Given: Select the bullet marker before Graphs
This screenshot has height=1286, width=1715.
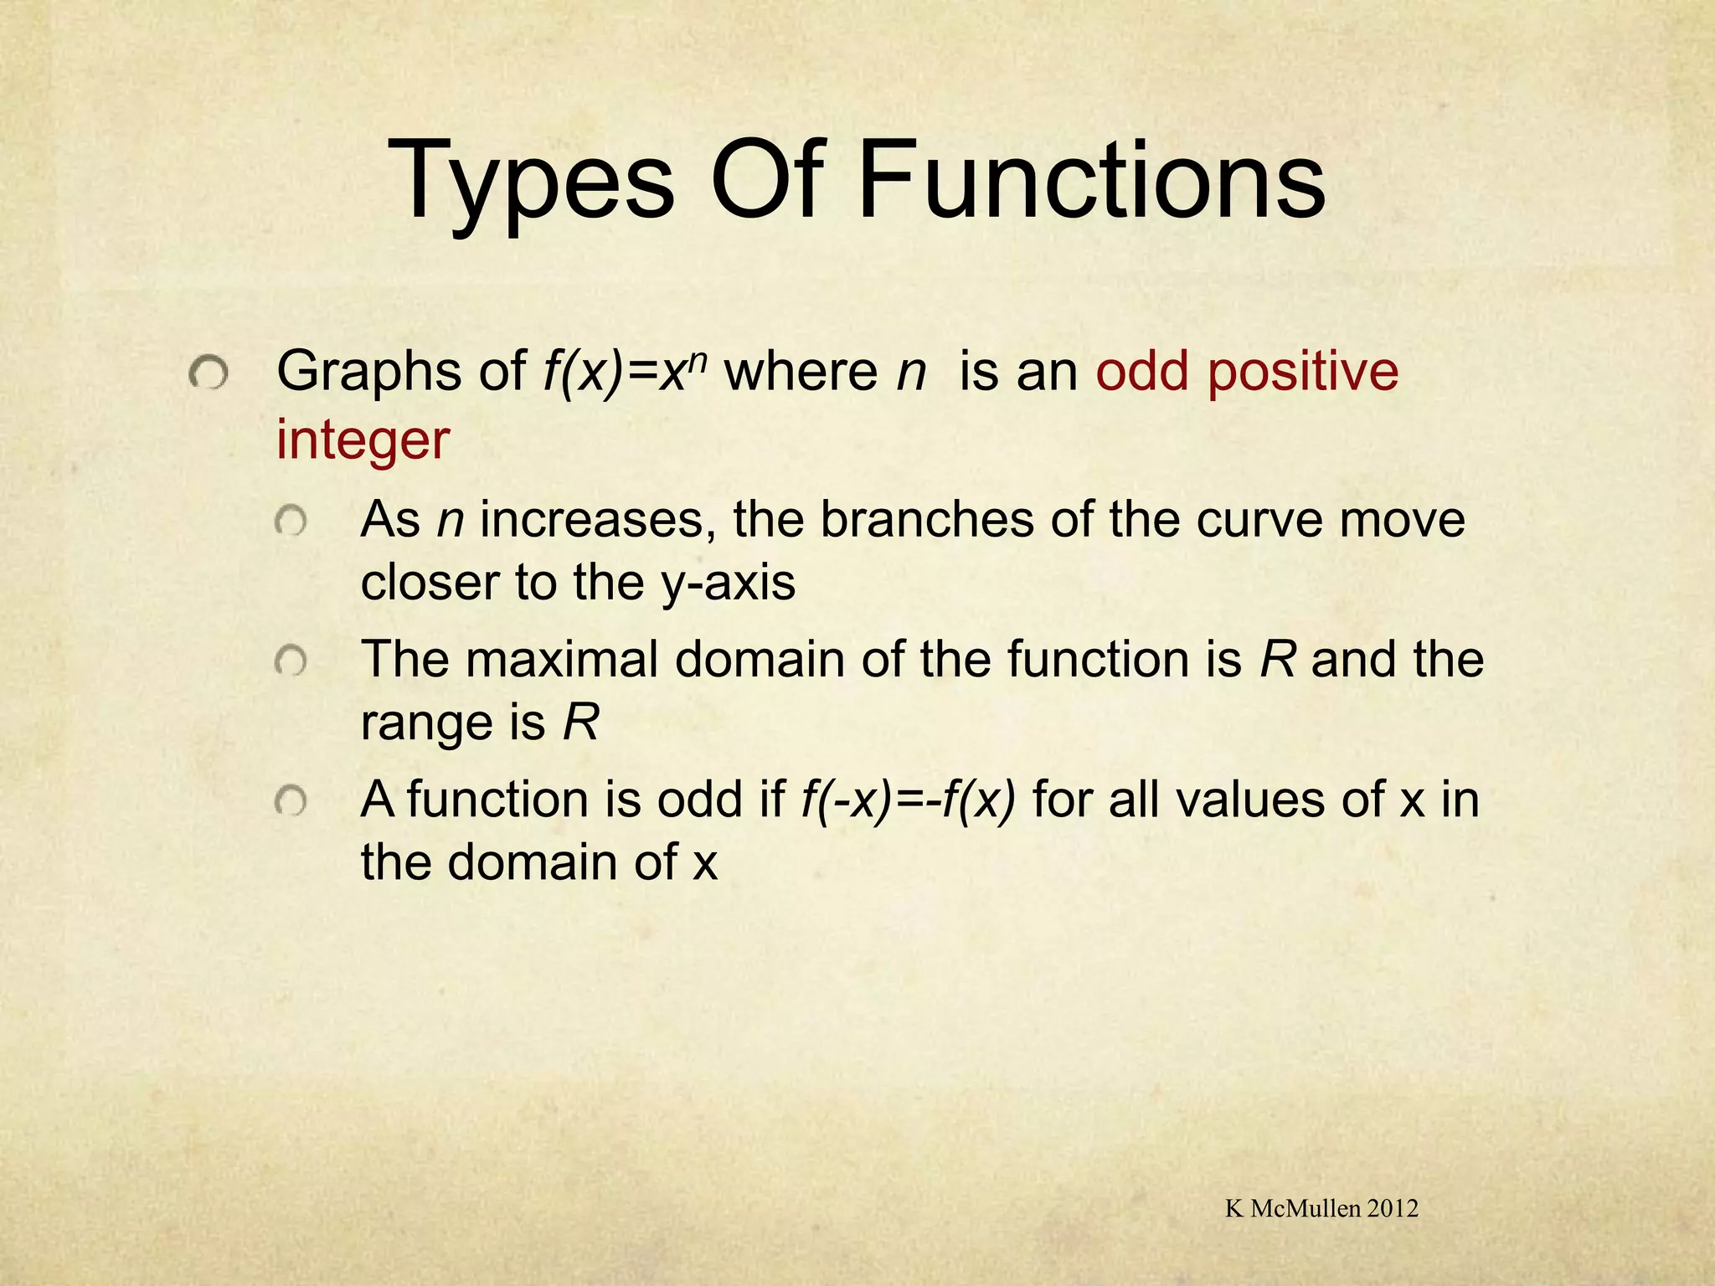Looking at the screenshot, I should coord(207,373).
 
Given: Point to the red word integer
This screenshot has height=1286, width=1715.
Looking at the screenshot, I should coord(363,440).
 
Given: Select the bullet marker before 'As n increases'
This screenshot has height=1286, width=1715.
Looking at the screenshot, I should coord(291,523).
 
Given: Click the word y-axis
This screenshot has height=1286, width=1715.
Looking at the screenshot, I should coord(728,583).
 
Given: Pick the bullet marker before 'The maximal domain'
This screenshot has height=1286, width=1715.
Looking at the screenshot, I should coord(291,663).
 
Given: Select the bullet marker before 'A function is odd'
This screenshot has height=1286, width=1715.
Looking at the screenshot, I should coord(291,803).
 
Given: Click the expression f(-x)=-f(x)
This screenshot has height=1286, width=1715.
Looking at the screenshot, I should coord(908,800).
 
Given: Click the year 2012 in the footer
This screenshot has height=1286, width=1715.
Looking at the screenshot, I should coord(1392,1208).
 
